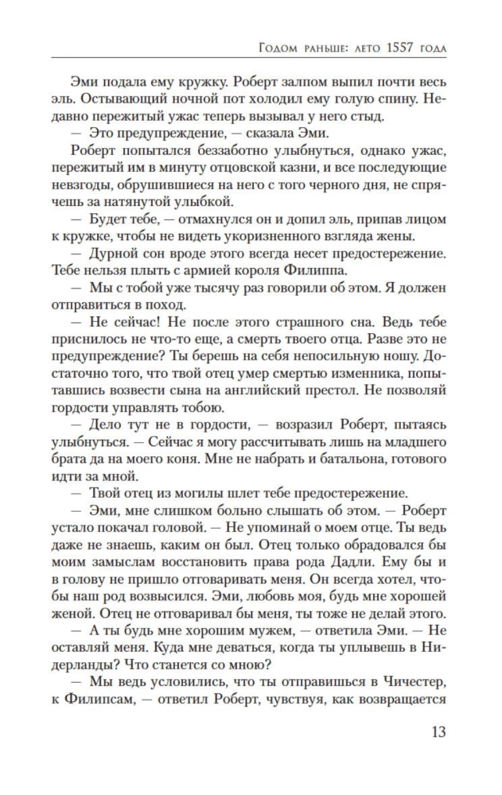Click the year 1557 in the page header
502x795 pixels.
[383, 49]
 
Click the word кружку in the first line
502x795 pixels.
[187, 83]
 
